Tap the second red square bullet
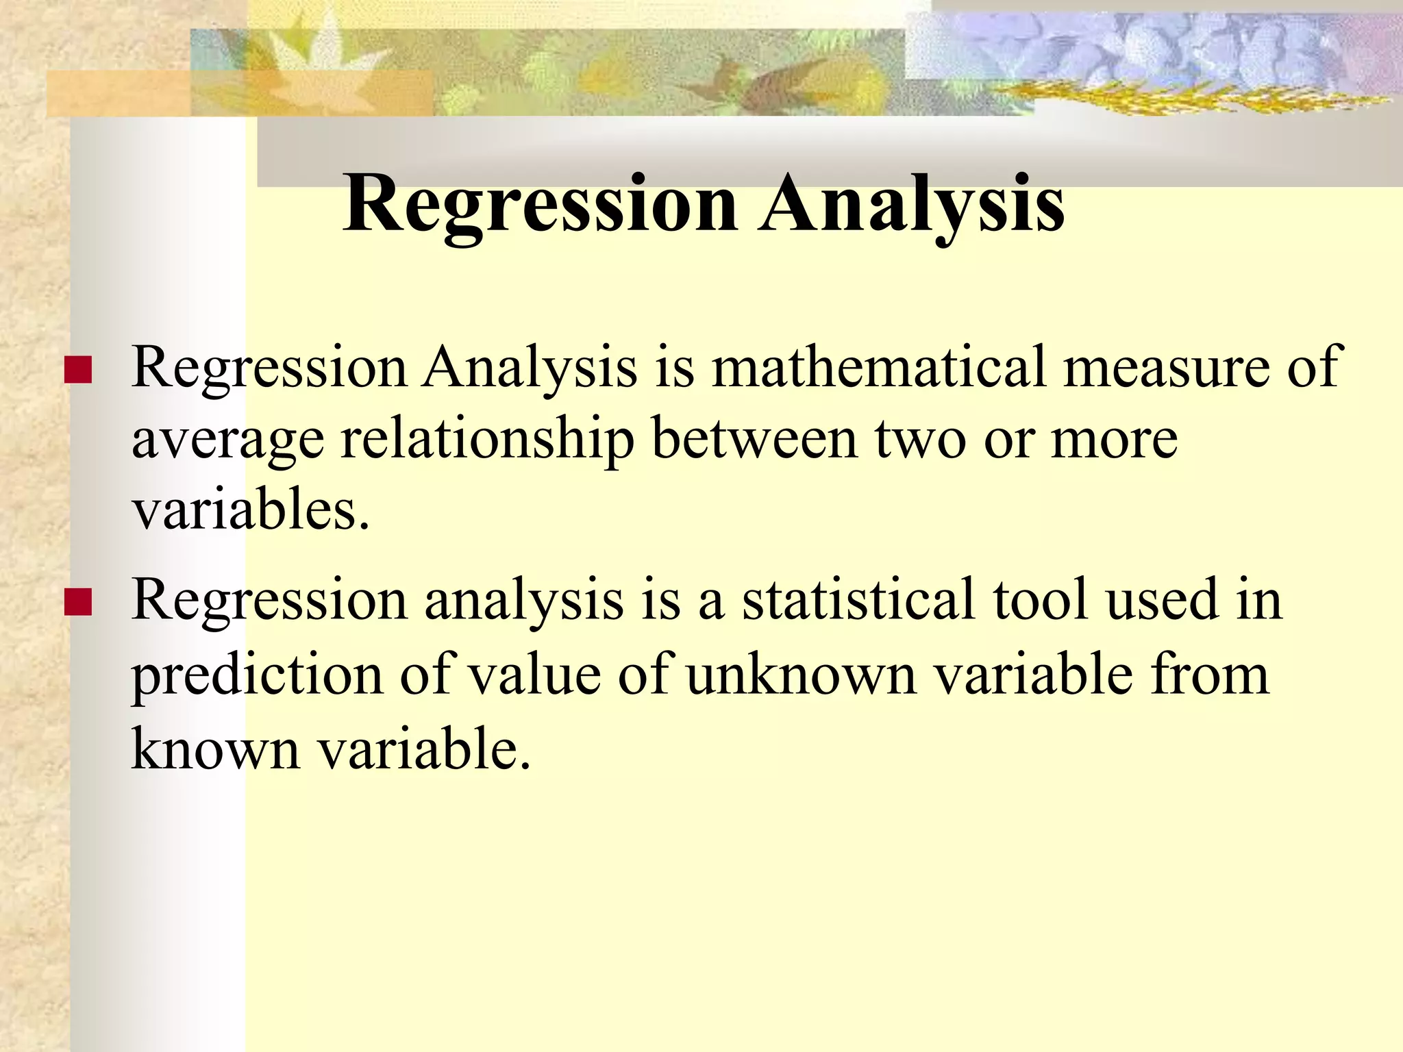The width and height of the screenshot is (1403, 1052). tap(78, 602)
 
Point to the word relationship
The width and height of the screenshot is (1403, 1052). tap(487, 440)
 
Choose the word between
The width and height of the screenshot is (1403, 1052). tap(754, 440)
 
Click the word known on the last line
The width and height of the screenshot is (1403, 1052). tap(216, 749)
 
